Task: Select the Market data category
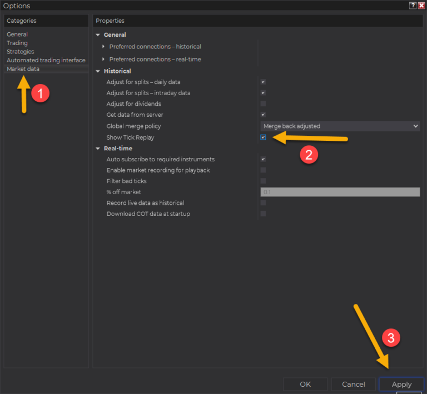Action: point(23,69)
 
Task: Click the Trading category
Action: point(17,43)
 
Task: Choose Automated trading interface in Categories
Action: point(46,60)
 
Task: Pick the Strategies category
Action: point(21,52)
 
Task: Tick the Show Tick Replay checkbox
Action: point(263,137)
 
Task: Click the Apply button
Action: point(401,384)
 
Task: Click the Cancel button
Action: point(354,384)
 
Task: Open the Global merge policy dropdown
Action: point(340,126)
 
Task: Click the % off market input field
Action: point(340,192)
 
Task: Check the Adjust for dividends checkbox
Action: point(263,104)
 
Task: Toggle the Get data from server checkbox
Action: point(263,115)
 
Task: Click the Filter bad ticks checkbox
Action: point(263,181)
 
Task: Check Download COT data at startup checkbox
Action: point(263,214)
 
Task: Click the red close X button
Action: point(421,6)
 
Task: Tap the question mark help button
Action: point(413,6)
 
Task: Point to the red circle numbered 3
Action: point(391,338)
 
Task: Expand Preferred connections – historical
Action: point(103,47)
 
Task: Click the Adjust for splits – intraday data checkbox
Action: point(263,93)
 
